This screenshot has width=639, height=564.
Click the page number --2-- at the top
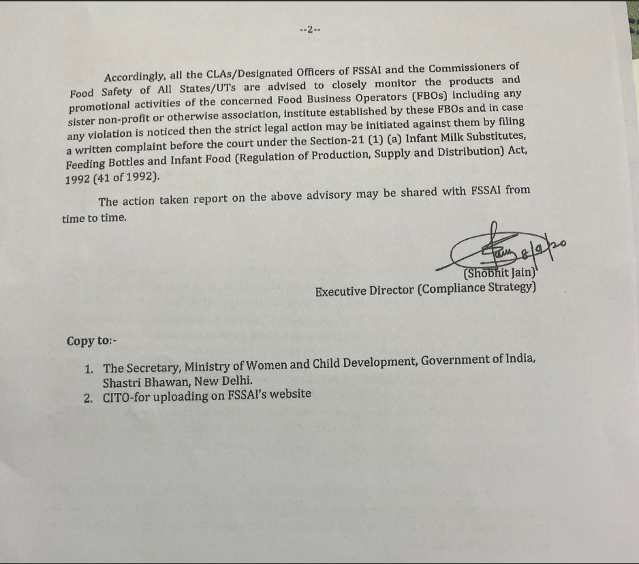309,30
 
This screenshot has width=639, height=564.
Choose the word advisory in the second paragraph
326,195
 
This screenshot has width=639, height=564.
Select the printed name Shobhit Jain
501,274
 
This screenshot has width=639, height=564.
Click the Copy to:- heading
92,341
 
